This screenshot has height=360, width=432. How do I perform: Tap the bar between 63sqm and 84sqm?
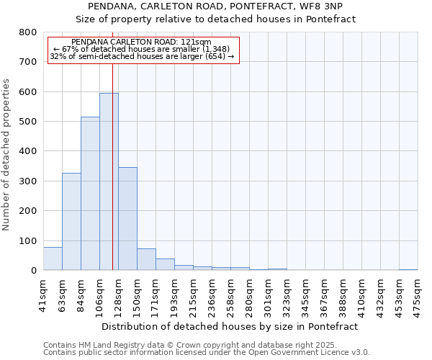coord(71,221)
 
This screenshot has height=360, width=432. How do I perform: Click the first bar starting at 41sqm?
coord(53,258)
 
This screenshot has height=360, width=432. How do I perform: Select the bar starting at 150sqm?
coord(146,259)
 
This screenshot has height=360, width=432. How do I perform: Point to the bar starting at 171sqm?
coord(165,264)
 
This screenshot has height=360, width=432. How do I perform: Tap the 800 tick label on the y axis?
coord(27,32)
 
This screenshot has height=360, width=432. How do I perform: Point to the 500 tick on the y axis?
coord(27,122)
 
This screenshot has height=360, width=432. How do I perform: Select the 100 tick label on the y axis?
coord(27,241)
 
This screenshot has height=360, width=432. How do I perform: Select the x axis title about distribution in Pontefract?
coord(230,326)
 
